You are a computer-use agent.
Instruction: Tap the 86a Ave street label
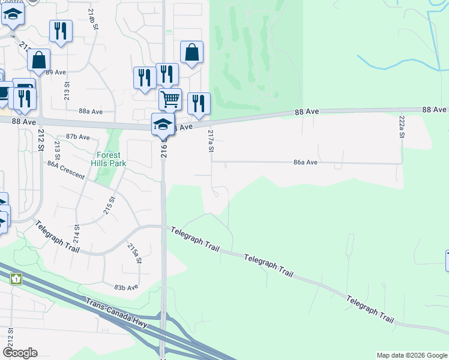click(x=306, y=163)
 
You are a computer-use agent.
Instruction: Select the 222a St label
click(x=402, y=127)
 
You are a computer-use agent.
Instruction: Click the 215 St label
click(x=109, y=205)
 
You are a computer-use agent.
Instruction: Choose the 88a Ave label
click(x=90, y=112)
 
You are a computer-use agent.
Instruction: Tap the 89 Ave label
click(x=56, y=72)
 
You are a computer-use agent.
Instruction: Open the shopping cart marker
click(x=170, y=99)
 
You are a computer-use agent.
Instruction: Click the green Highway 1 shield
click(x=16, y=279)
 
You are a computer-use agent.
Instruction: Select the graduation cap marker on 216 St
click(x=162, y=124)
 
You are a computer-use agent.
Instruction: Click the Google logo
click(x=19, y=353)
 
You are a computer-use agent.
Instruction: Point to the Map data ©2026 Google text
click(x=412, y=355)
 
